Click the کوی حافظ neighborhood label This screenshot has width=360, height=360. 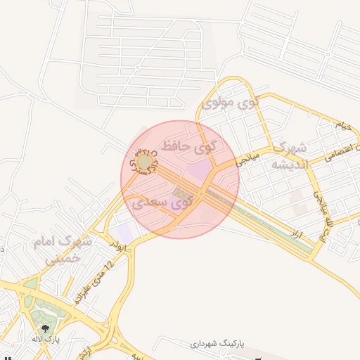[189, 146]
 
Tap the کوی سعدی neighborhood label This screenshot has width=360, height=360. [162, 203]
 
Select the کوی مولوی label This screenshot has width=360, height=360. [230, 103]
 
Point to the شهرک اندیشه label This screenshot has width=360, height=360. [290, 156]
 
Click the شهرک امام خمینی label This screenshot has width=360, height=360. [62, 250]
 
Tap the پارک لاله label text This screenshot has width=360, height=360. [46, 339]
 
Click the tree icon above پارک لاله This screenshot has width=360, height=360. [46, 327]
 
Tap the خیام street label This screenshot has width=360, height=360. [342, 127]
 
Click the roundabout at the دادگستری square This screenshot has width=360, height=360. [144, 163]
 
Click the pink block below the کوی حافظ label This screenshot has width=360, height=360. [200, 169]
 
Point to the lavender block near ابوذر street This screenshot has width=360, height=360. [124, 231]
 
